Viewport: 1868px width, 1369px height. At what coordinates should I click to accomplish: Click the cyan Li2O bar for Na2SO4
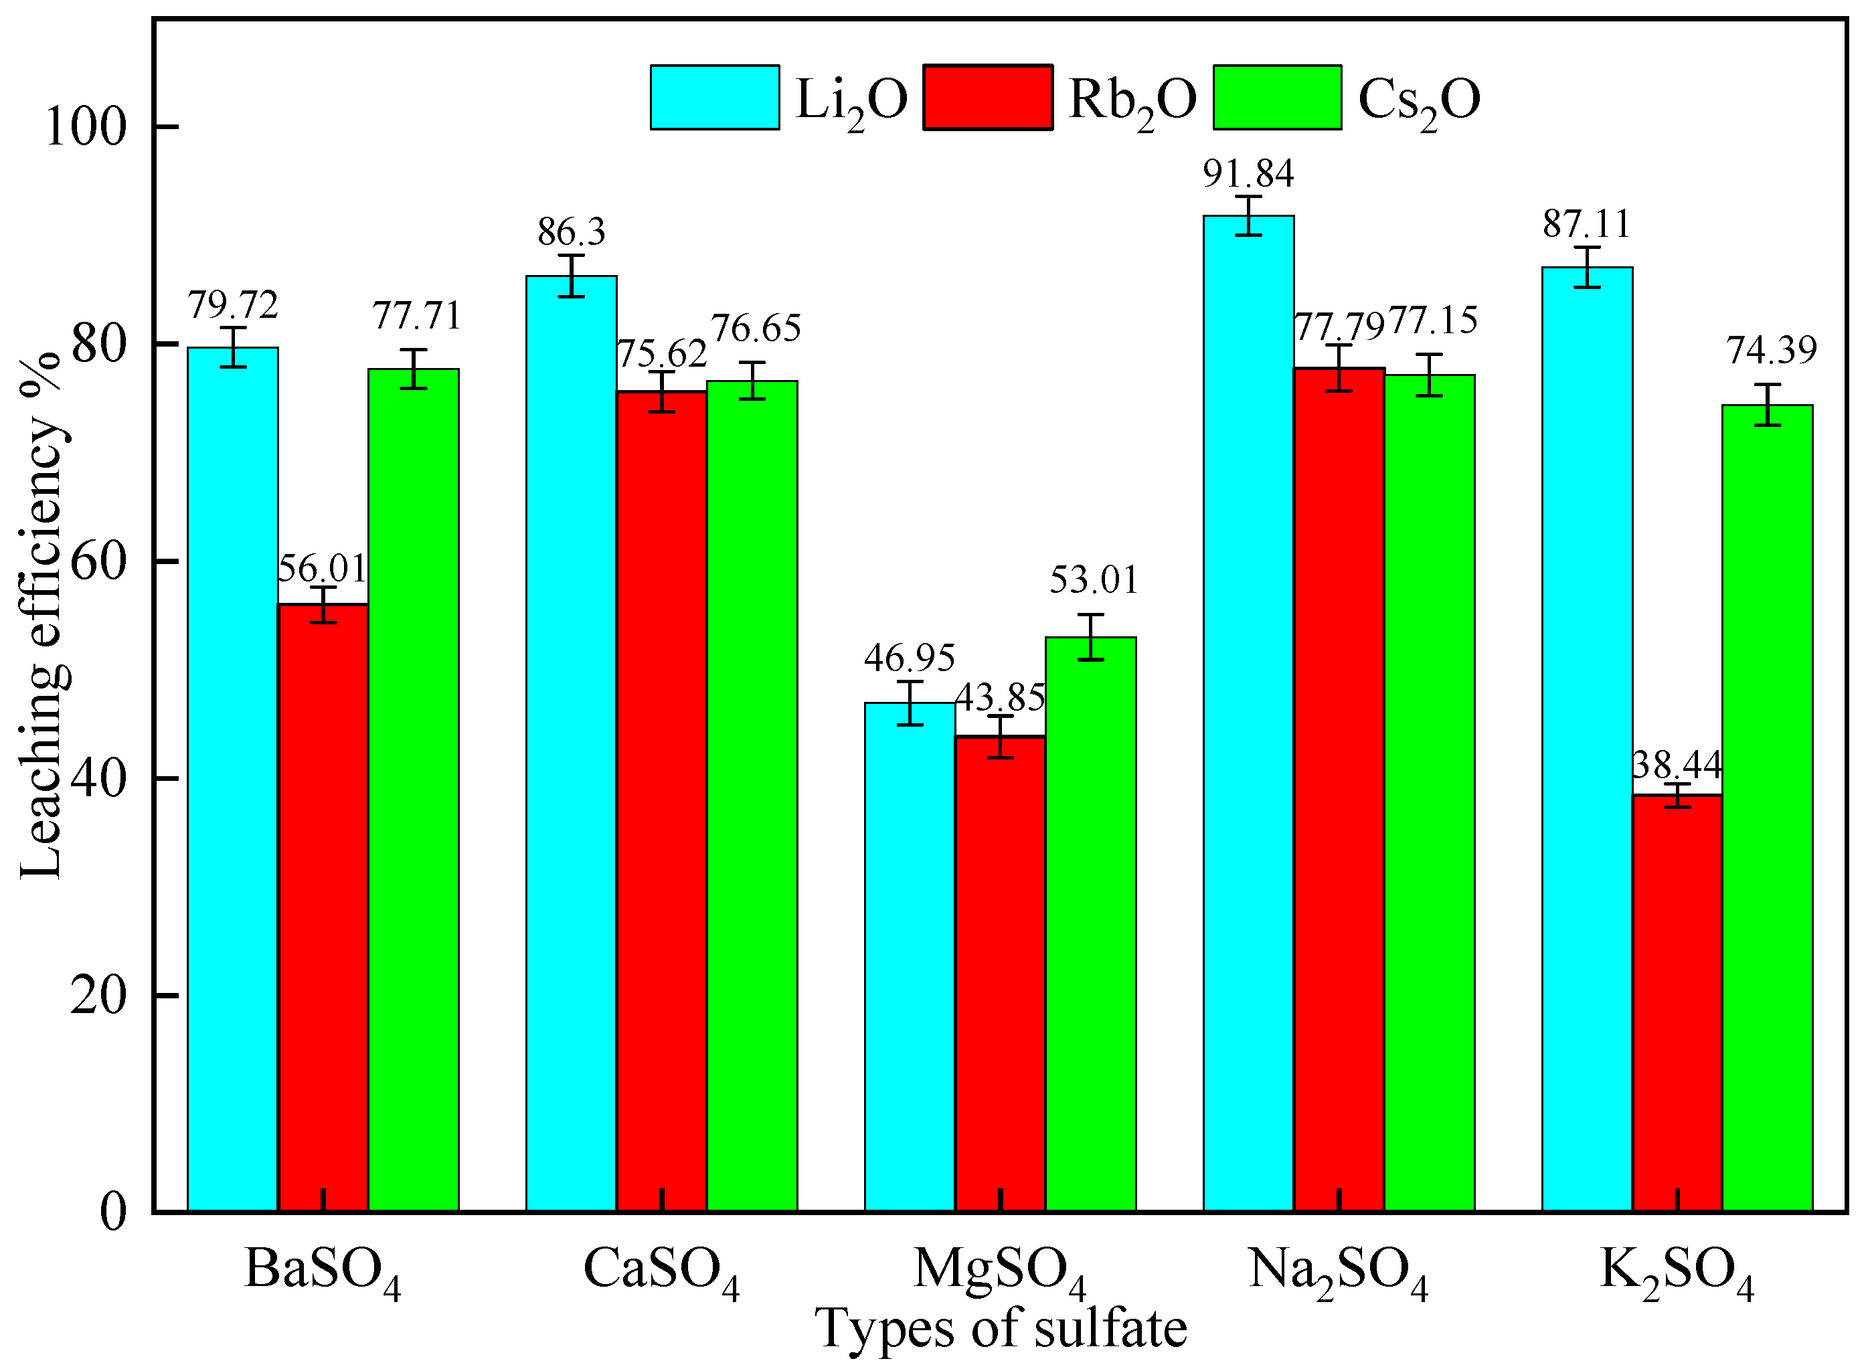1248,713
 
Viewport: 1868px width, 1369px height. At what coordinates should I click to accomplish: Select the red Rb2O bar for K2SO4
1677,1003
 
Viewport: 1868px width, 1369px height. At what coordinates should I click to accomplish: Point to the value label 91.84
1248,174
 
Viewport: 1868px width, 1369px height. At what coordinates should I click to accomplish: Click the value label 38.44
1677,764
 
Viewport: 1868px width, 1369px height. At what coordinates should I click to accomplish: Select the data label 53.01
1094,580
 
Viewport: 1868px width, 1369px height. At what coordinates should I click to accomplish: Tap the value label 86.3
571,232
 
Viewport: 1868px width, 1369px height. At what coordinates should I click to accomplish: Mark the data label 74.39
1771,351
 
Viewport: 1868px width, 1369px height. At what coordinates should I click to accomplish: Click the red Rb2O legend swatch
988,98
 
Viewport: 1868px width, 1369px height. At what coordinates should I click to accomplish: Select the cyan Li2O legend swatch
714,98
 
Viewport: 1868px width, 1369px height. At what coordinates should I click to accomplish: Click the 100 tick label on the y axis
86,126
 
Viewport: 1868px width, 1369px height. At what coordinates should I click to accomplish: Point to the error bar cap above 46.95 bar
910,681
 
